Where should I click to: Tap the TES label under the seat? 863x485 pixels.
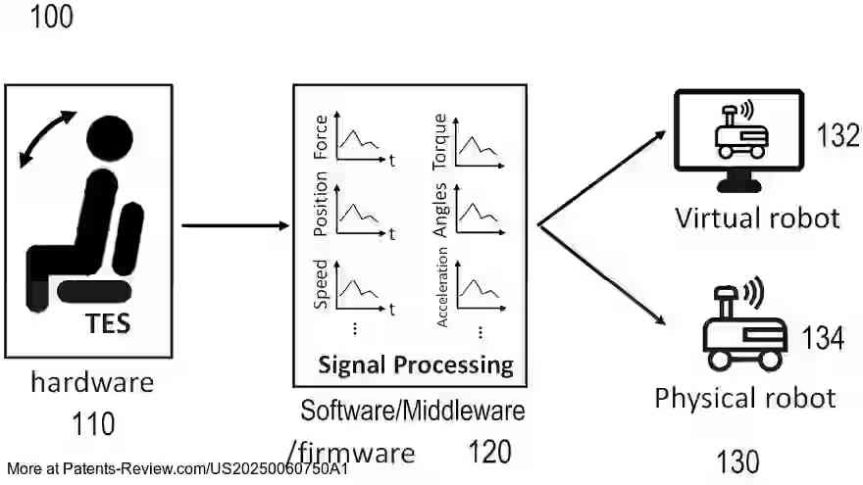tap(108, 322)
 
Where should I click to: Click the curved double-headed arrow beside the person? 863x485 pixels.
tap(45, 143)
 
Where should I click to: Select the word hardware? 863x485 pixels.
tap(91, 382)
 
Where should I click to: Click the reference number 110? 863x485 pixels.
tap(93, 424)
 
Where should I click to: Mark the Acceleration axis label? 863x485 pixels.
tap(441, 286)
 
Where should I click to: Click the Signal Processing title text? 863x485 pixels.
tap(415, 365)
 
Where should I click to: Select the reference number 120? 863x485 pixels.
tap(489, 452)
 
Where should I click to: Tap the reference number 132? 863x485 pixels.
tap(837, 136)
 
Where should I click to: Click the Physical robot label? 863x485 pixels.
tap(744, 398)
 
